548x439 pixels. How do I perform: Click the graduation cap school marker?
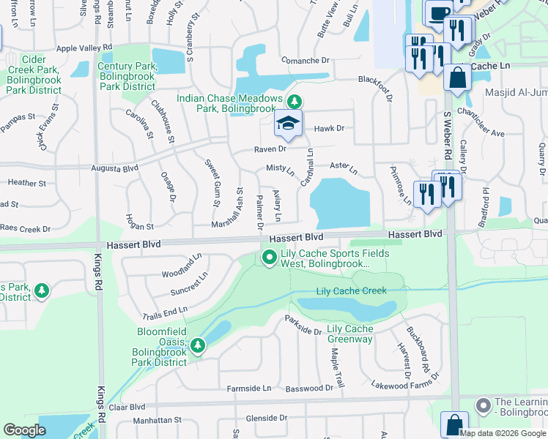coord(288,124)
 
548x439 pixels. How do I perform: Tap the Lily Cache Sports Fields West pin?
coord(269,257)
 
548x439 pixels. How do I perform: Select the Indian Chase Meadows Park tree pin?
coord(294,101)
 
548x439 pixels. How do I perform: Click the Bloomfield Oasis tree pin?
coord(196,345)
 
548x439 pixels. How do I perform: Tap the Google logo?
coord(24,430)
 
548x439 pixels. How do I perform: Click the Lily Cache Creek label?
coord(351,291)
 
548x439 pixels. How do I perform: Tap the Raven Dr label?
coord(269,149)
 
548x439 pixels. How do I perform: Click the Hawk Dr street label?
coord(329,129)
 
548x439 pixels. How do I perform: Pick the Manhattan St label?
coord(157,421)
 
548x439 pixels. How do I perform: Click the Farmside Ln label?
coord(249,388)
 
